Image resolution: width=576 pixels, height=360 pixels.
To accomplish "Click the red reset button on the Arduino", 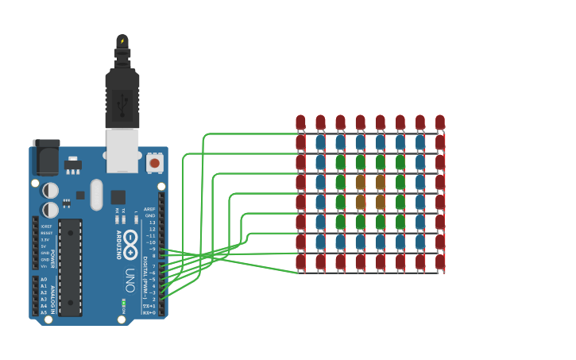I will coord(154,163).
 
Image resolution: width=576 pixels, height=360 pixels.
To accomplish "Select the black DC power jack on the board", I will coord(45,157).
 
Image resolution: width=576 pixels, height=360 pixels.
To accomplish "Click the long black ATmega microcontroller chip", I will coord(70,267).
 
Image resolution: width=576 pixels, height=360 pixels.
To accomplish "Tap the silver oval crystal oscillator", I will coord(96,194).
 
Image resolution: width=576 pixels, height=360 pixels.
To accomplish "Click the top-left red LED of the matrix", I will coord(300,122).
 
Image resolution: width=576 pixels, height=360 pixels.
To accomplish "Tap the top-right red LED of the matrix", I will coord(439,122).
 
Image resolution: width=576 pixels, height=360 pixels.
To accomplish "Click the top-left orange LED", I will coord(360,181).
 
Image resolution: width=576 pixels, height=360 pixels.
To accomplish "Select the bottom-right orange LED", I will coord(380,201).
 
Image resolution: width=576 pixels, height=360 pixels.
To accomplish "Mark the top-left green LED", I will coord(340,161).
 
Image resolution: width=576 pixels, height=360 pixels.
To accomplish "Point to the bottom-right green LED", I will coord(400,221).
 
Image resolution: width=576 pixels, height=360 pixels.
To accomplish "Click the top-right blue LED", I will coord(419,141).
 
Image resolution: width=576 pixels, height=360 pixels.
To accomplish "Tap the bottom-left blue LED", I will coord(320,241).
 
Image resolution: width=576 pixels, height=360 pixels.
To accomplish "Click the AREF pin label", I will coord(149,209).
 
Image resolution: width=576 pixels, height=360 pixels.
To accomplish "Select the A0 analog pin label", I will coord(44,280).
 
